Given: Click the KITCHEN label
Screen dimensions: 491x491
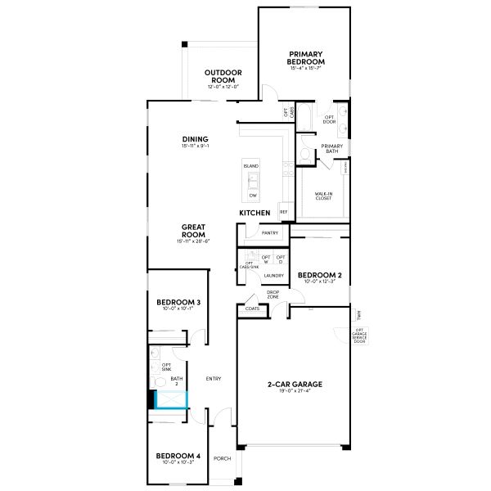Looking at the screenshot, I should [x=255, y=213].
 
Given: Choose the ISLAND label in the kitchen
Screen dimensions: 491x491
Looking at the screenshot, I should [x=250, y=166].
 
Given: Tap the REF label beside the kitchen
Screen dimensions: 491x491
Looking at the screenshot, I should [x=284, y=211].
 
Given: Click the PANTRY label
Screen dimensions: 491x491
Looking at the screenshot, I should [x=270, y=232].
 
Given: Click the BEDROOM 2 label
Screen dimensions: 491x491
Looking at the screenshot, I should [x=319, y=275].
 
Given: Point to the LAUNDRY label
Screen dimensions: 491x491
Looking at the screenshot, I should [x=273, y=276].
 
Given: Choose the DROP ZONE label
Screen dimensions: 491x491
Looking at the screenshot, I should [x=274, y=294].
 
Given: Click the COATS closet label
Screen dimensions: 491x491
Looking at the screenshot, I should [x=251, y=309].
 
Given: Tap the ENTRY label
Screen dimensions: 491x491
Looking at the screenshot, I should [x=214, y=378].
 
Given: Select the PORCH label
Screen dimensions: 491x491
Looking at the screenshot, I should [x=222, y=459].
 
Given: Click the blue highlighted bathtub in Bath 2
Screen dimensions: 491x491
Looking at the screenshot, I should [x=171, y=399].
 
